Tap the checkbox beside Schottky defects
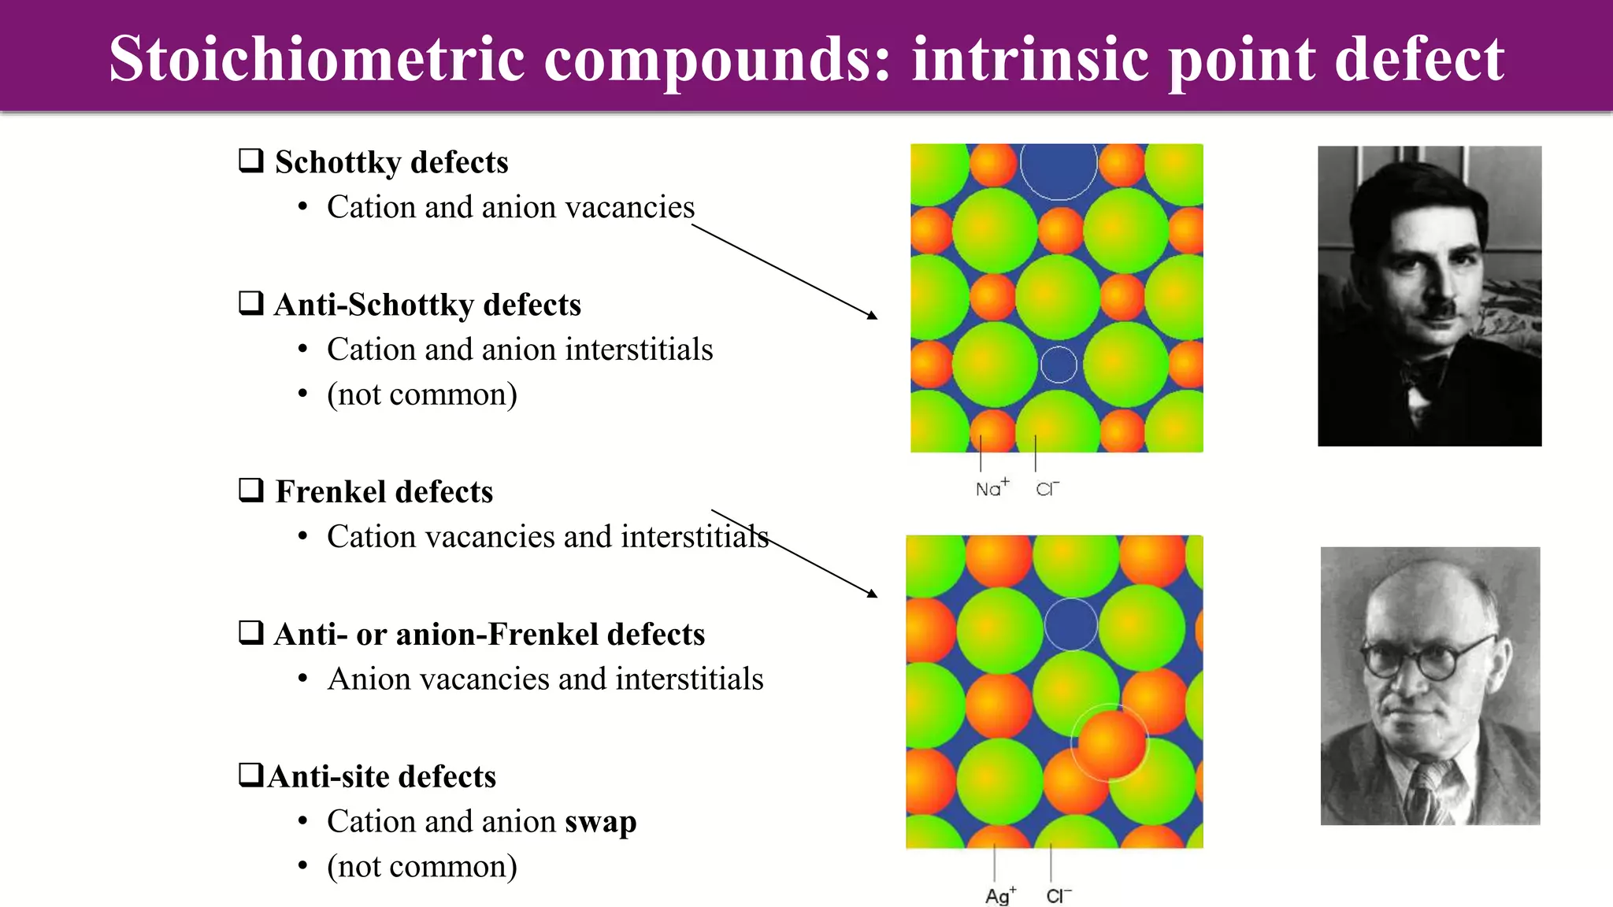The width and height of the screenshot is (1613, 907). [x=251, y=161]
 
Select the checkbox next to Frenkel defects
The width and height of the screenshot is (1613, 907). [x=251, y=491]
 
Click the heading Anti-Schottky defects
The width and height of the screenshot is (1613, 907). [x=427, y=305]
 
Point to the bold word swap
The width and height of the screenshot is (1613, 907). [x=600, y=822]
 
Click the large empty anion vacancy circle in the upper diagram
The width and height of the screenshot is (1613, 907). [x=1059, y=167]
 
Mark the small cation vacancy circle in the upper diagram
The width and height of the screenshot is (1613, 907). [x=1059, y=365]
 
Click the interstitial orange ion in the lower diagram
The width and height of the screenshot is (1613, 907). [x=1111, y=742]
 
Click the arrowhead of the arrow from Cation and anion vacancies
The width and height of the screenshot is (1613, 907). [x=873, y=316]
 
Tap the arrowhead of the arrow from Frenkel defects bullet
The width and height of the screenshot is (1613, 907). [x=873, y=594]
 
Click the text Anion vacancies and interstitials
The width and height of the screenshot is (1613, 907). [x=545, y=679]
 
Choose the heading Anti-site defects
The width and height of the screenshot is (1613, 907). [x=382, y=777]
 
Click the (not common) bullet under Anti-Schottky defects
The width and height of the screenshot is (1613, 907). [x=422, y=394]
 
